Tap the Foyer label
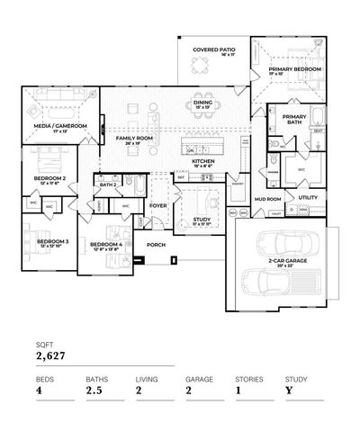point(158,205)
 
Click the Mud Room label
point(267,198)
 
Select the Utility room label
point(308,196)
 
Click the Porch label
point(156,244)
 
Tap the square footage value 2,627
point(51,355)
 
